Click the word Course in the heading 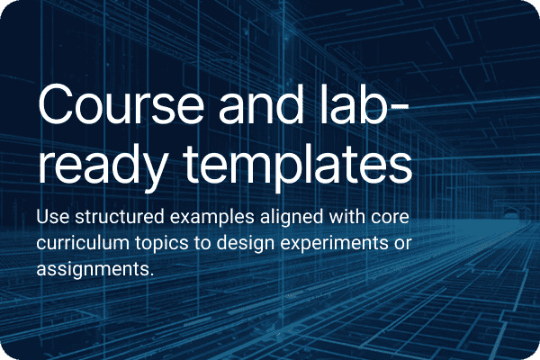click(x=121, y=104)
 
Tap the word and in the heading click(x=261, y=104)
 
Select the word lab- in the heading click(x=364, y=104)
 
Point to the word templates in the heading click(x=297, y=165)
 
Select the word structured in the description click(x=120, y=217)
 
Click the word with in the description click(x=346, y=217)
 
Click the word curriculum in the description click(x=83, y=243)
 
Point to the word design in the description click(x=246, y=244)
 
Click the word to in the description click(x=202, y=244)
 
